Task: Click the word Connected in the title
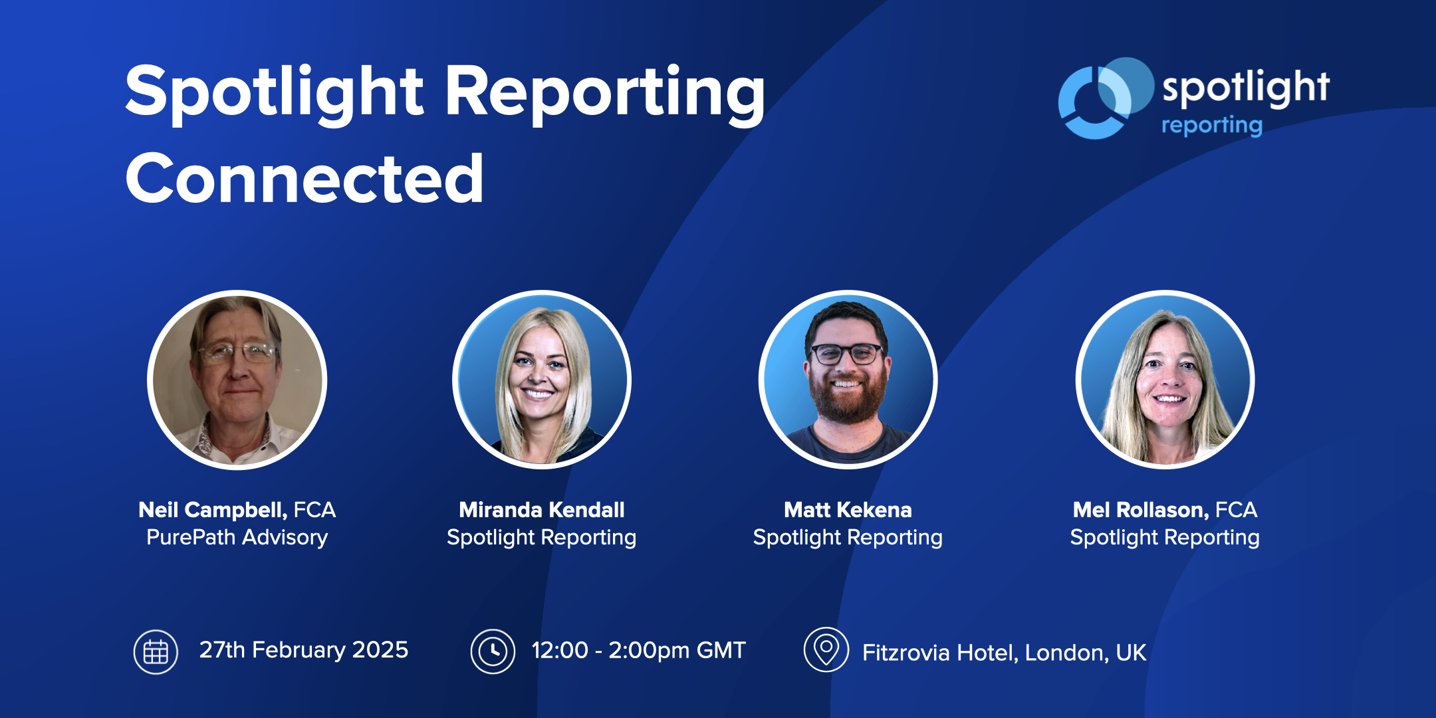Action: click(x=304, y=178)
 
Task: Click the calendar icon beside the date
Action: click(x=156, y=652)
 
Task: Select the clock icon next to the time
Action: click(x=493, y=652)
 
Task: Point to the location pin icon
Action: click(x=826, y=650)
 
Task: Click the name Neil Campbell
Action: click(x=212, y=510)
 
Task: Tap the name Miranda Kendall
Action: click(x=541, y=510)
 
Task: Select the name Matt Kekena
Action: click(x=848, y=510)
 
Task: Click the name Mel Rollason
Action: click(x=1140, y=510)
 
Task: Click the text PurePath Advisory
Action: click(x=237, y=537)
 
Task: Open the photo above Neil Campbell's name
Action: click(x=237, y=380)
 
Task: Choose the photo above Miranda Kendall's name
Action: click(x=541, y=380)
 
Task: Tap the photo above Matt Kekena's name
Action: click(x=848, y=380)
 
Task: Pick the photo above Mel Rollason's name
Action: click(x=1165, y=380)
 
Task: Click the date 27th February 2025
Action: click(x=304, y=650)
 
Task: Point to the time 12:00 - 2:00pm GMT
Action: click(x=638, y=650)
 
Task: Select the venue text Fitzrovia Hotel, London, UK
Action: click(x=1004, y=653)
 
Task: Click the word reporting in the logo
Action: click(x=1211, y=125)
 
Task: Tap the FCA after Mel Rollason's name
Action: click(x=1237, y=510)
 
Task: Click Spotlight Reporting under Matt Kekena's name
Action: click(x=848, y=537)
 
